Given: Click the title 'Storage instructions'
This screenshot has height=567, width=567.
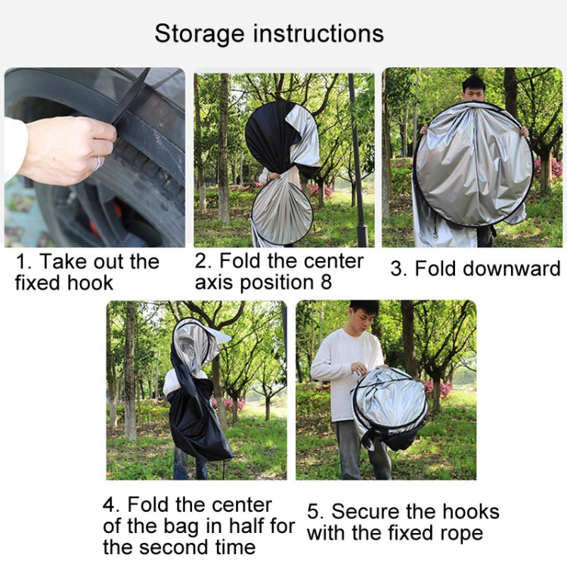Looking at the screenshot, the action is (x=269, y=34).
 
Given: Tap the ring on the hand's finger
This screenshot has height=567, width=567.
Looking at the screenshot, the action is (x=97, y=163).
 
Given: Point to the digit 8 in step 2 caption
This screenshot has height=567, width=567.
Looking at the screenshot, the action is (x=326, y=282).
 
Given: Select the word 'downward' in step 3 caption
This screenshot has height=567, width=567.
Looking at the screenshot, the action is (x=488, y=269).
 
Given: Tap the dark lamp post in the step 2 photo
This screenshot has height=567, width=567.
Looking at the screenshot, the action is (x=358, y=159).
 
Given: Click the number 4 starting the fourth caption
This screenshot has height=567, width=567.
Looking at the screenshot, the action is (x=109, y=505).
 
